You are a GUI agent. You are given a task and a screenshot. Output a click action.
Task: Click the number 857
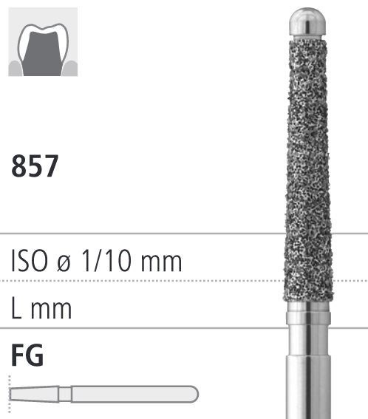tap(35, 166)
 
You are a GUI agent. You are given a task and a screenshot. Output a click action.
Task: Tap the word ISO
tap(30, 261)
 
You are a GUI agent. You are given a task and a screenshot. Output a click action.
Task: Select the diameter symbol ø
tap(64, 262)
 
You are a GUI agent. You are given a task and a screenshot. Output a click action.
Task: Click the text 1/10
tap(106, 261)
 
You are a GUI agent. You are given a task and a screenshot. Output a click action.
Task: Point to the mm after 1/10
tap(161, 263)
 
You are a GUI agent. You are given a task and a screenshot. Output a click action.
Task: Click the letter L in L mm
tap(16, 308)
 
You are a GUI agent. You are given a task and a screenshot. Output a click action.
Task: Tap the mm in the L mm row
tap(51, 310)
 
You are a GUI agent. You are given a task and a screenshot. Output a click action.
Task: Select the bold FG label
tap(27, 355)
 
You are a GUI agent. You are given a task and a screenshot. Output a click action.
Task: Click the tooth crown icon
tap(43, 42)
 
